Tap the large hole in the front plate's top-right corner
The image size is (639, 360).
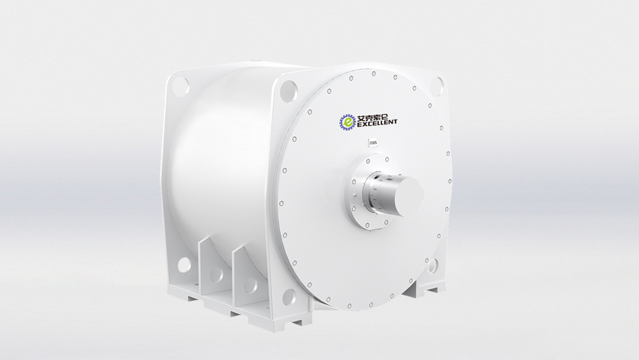[439, 83]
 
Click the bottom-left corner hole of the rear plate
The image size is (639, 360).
[184, 264]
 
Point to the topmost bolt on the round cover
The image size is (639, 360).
[373, 74]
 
